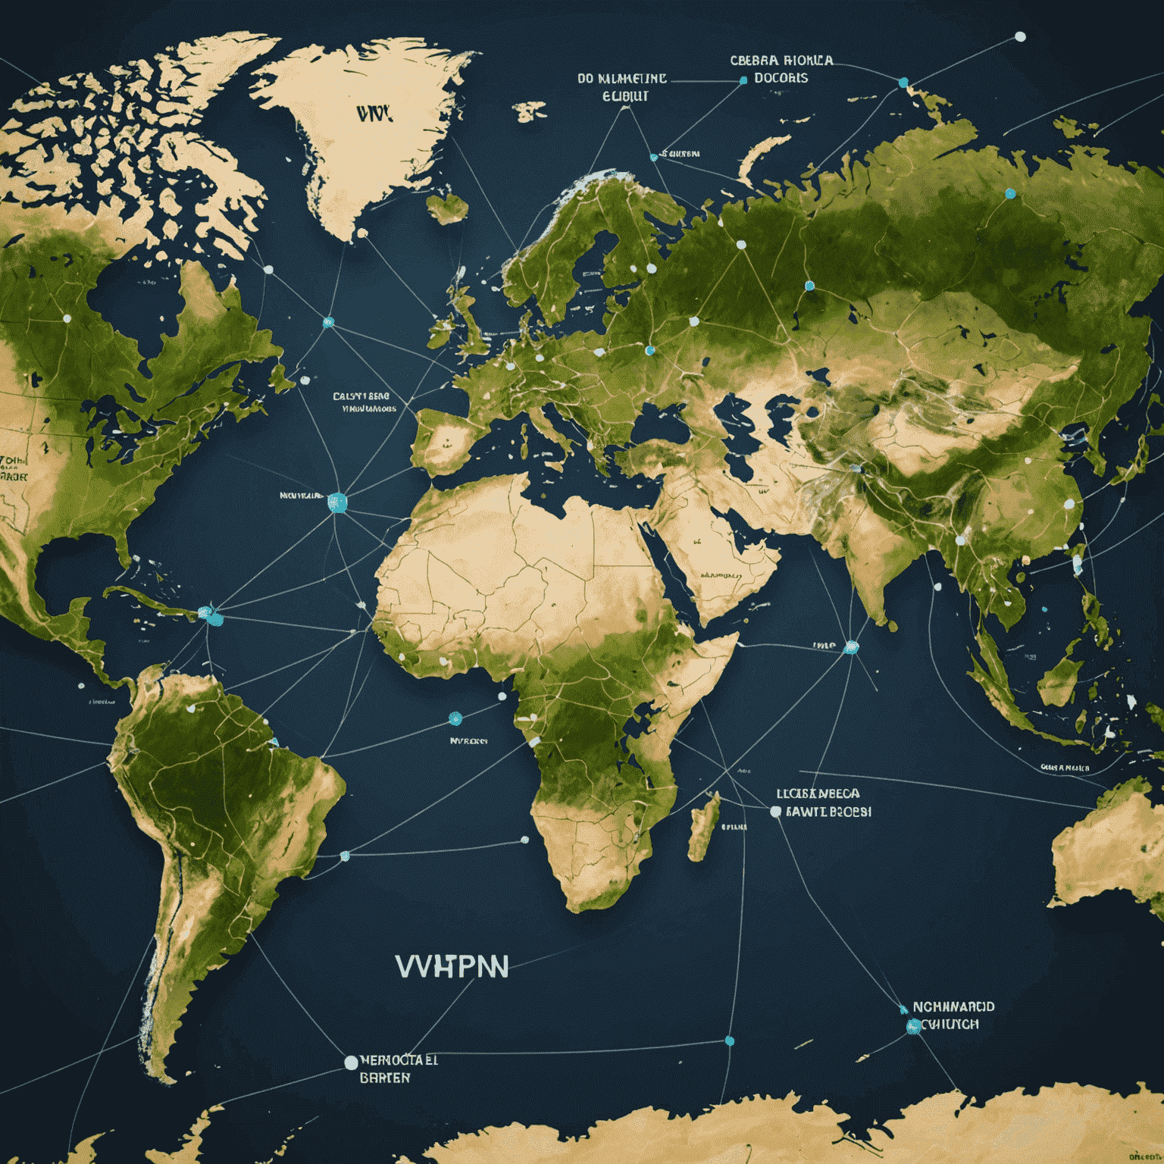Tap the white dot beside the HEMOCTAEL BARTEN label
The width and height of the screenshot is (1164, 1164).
[x=351, y=1062]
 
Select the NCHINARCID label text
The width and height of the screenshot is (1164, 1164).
[x=953, y=1007]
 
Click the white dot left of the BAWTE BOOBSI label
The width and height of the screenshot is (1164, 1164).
[x=775, y=811]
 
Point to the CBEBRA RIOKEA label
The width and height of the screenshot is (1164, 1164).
[x=781, y=60]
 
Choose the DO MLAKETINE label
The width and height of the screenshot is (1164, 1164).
[x=622, y=78]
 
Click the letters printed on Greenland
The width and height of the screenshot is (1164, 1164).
[x=374, y=114]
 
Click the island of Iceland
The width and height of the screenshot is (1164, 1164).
[x=447, y=206]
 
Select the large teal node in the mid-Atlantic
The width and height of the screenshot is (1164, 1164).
[x=337, y=502]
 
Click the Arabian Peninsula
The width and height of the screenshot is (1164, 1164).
[x=720, y=553]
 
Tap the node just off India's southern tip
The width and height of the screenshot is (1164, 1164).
[x=851, y=647]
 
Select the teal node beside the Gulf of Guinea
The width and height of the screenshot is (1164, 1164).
[x=455, y=718]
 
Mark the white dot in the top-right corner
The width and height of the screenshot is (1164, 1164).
[x=1020, y=36]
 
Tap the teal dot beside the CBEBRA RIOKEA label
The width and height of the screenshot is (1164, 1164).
[x=743, y=80]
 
